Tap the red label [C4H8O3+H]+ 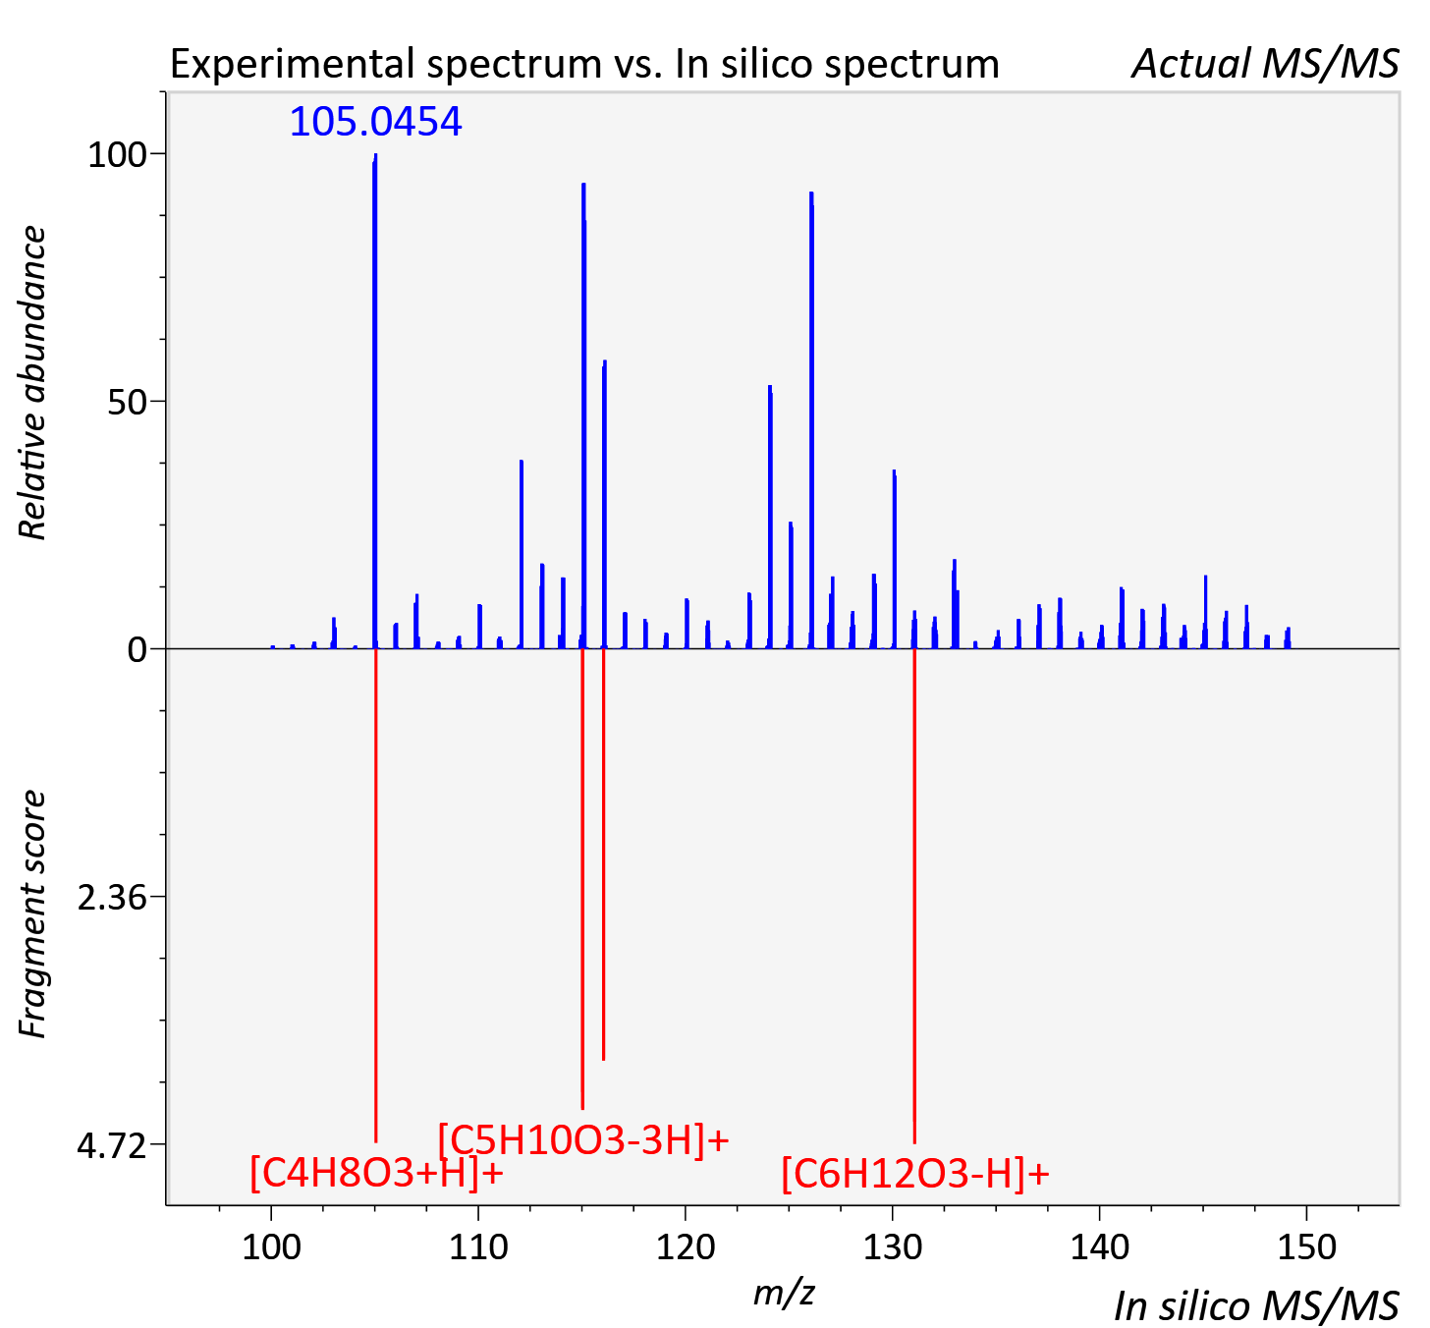pos(376,1173)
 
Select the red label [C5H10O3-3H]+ pos(583,1139)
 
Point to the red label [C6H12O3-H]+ pos(915,1173)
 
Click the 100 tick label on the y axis pos(117,155)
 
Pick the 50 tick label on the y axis pos(127,403)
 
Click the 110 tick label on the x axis pos(478,1247)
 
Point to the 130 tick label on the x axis pos(893,1247)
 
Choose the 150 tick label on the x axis pos(1307,1247)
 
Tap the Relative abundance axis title pos(32,382)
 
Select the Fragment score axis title pos(32,913)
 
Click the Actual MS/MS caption pos(1265,64)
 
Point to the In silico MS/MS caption pos(1256,1305)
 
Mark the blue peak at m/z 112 pos(522,554)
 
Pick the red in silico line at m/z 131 pos(914,896)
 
